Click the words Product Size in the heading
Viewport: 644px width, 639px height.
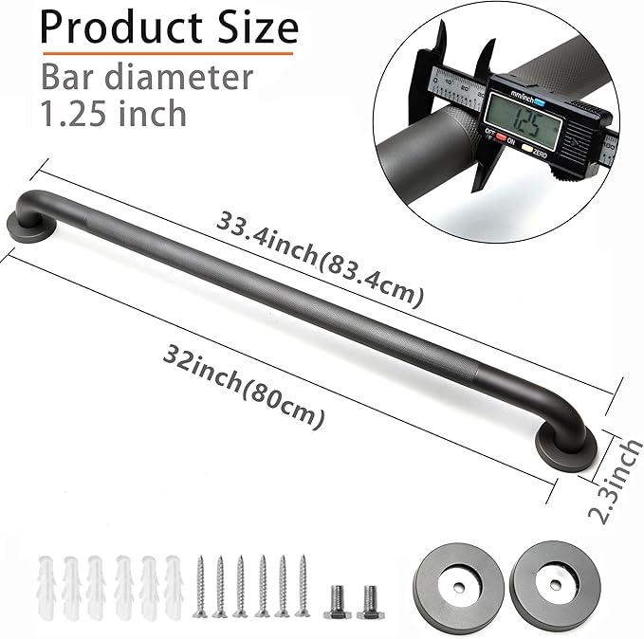tap(169, 27)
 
